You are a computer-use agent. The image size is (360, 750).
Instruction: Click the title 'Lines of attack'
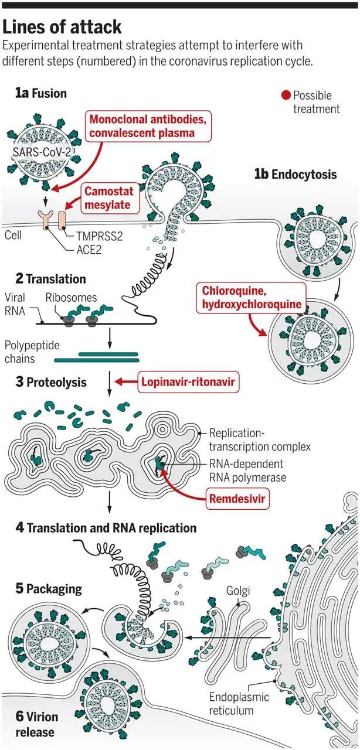click(x=62, y=27)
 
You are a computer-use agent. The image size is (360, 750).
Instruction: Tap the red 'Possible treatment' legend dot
click(x=286, y=96)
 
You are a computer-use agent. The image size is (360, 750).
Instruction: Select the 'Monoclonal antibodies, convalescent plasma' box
click(x=148, y=126)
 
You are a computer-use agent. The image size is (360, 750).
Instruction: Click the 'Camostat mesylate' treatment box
click(x=110, y=198)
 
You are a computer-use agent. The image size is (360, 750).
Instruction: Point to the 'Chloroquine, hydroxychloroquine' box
click(x=251, y=298)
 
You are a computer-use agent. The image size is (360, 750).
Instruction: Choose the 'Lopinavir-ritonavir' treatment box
click(x=188, y=381)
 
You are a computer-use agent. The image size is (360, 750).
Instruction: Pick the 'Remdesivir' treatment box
click(x=237, y=499)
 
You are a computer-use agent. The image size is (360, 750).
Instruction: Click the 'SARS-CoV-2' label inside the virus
click(x=42, y=152)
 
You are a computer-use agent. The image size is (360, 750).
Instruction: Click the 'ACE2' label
click(x=89, y=250)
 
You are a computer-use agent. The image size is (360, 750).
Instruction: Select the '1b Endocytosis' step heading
click(x=296, y=175)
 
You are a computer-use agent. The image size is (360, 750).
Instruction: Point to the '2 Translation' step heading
click(x=50, y=279)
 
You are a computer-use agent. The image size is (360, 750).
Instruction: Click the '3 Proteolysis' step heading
click(x=51, y=382)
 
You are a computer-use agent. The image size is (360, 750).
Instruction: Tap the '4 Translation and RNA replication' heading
click(x=106, y=528)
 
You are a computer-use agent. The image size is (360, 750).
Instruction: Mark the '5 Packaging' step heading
click(x=49, y=589)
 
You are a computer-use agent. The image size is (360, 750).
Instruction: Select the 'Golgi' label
click(x=238, y=591)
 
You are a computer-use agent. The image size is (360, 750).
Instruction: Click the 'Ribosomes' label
click(x=71, y=298)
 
